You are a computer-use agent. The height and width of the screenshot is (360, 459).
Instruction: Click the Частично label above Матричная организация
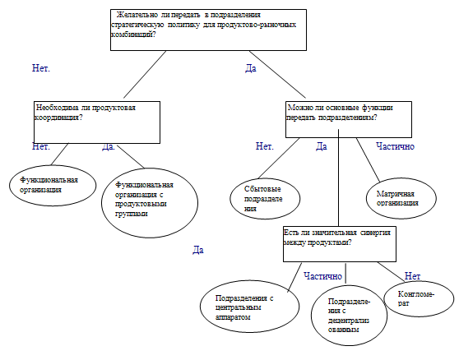[395, 146]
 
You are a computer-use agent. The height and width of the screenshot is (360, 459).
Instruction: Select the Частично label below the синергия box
[323, 276]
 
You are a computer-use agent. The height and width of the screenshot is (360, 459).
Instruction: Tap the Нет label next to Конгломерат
[412, 276]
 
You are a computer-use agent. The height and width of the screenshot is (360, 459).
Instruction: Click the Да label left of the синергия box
[198, 250]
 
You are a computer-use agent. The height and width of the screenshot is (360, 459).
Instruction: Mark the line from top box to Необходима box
[145, 75]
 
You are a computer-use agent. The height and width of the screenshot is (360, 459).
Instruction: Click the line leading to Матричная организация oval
[368, 160]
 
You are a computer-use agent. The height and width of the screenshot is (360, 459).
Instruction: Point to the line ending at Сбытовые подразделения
[279, 158]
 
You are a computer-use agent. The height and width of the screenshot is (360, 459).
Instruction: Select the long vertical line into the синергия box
[338, 178]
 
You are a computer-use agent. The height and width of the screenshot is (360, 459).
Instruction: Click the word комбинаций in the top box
[133, 35]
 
